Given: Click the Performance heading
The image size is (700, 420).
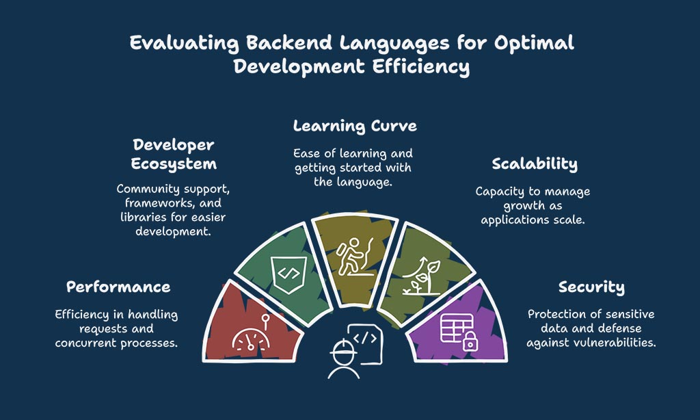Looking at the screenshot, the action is pyautogui.click(x=118, y=287).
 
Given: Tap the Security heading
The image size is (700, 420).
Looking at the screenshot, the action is pyautogui.click(x=591, y=287).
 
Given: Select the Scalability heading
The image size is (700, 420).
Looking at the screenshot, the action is pyautogui.click(x=535, y=164).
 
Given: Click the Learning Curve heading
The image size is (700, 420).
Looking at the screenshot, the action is pyautogui.click(x=355, y=126).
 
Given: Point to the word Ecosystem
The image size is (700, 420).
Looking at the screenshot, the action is pyautogui.click(x=174, y=164).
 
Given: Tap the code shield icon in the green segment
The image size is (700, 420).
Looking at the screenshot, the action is pyautogui.click(x=289, y=274).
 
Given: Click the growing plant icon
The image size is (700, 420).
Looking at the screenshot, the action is pyautogui.click(x=421, y=276).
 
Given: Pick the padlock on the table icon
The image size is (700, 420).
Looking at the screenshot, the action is pyautogui.click(x=470, y=341).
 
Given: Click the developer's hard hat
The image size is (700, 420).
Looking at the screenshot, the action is pyautogui.click(x=343, y=348).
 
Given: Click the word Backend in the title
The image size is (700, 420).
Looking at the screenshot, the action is pyautogui.click(x=289, y=43).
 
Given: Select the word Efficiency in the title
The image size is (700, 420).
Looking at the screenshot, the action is pyautogui.click(x=420, y=67).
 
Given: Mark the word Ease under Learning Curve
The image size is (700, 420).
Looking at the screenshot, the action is pyautogui.click(x=307, y=154).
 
